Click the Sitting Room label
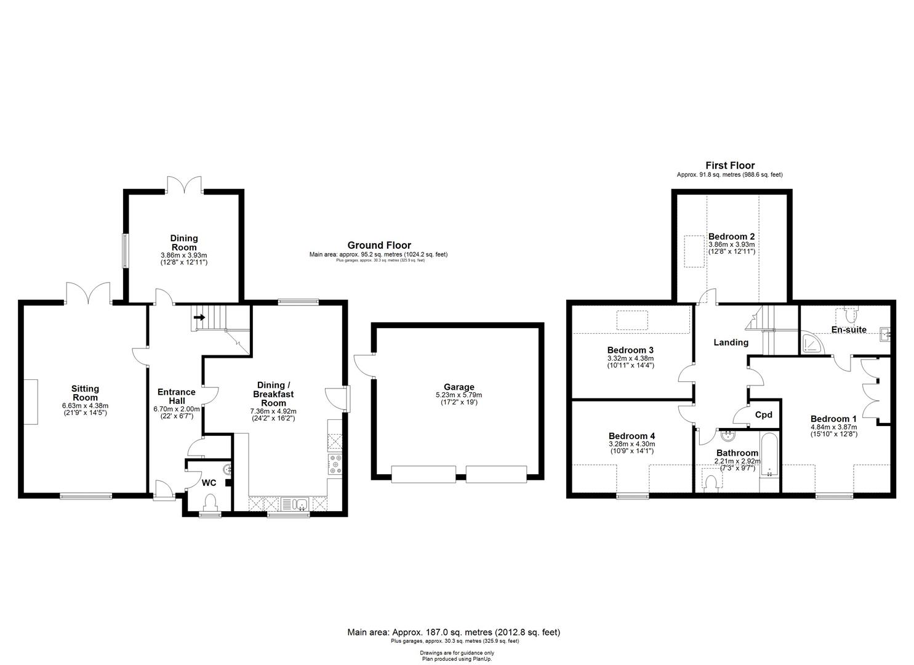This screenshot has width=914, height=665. [x=85, y=393]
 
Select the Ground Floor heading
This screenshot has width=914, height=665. [x=379, y=245]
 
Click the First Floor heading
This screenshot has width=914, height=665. [x=730, y=166]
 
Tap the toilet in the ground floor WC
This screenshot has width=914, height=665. [x=210, y=502]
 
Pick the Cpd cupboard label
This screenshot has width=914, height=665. [x=763, y=414]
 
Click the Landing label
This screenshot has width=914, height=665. [x=731, y=342]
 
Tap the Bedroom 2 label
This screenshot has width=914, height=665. [x=731, y=236]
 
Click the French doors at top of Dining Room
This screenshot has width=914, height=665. [x=185, y=184]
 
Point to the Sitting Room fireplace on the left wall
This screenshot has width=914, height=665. [x=30, y=401]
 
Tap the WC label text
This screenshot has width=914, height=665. [x=209, y=483]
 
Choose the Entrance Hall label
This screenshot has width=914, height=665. [x=177, y=396]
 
